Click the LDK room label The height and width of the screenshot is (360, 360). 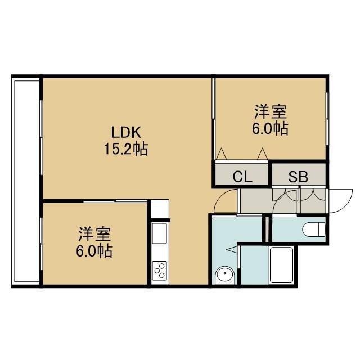click(x=126, y=132)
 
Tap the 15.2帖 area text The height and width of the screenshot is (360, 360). click(x=126, y=149)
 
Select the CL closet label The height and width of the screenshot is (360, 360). click(x=242, y=177)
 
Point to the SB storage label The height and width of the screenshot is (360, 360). click(x=298, y=177)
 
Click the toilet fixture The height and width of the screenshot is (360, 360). click(x=314, y=229)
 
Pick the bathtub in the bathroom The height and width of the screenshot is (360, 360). click(x=281, y=265)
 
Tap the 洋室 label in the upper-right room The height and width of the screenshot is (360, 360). click(x=271, y=111)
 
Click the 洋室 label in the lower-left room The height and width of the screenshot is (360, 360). click(x=94, y=234)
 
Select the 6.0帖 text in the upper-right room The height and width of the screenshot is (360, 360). click(x=271, y=129)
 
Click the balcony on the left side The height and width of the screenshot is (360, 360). click(x=26, y=181)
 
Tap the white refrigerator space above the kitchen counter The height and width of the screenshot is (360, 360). click(x=160, y=209)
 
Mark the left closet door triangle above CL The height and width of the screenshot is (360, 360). click(x=221, y=154)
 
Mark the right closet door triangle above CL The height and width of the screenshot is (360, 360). click(x=262, y=154)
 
